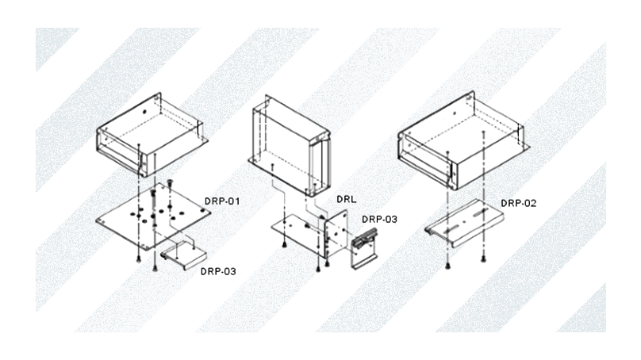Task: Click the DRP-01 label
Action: [222, 201]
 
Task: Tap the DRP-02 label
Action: [518, 203]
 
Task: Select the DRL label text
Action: [346, 199]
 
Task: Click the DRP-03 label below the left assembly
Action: [218, 271]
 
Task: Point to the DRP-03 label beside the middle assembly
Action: [379, 220]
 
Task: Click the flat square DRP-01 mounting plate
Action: [153, 216]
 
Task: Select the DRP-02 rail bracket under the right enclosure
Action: [464, 222]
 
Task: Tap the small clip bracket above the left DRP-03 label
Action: [184, 255]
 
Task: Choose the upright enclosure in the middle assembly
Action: [290, 145]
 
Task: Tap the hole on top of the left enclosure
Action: [144, 111]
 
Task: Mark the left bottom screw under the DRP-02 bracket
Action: [448, 266]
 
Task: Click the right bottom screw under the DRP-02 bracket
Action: [483, 258]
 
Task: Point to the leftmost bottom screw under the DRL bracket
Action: [284, 244]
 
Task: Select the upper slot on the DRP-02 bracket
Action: [480, 212]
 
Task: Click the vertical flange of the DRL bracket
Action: [336, 234]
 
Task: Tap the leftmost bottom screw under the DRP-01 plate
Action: [139, 259]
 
